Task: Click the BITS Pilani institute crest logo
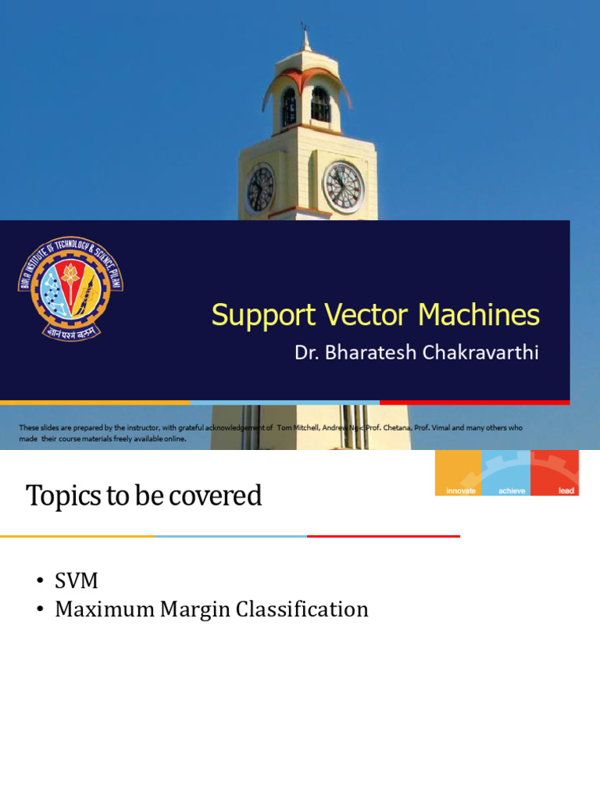pyautogui.click(x=70, y=288)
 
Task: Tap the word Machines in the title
pyautogui.click(x=478, y=315)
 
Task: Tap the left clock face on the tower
pyautogui.click(x=260, y=190)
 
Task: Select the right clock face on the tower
pyautogui.click(x=343, y=187)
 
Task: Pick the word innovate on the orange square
pyautogui.click(x=460, y=491)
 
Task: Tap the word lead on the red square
pyautogui.click(x=566, y=491)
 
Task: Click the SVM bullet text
pyautogui.click(x=77, y=581)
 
